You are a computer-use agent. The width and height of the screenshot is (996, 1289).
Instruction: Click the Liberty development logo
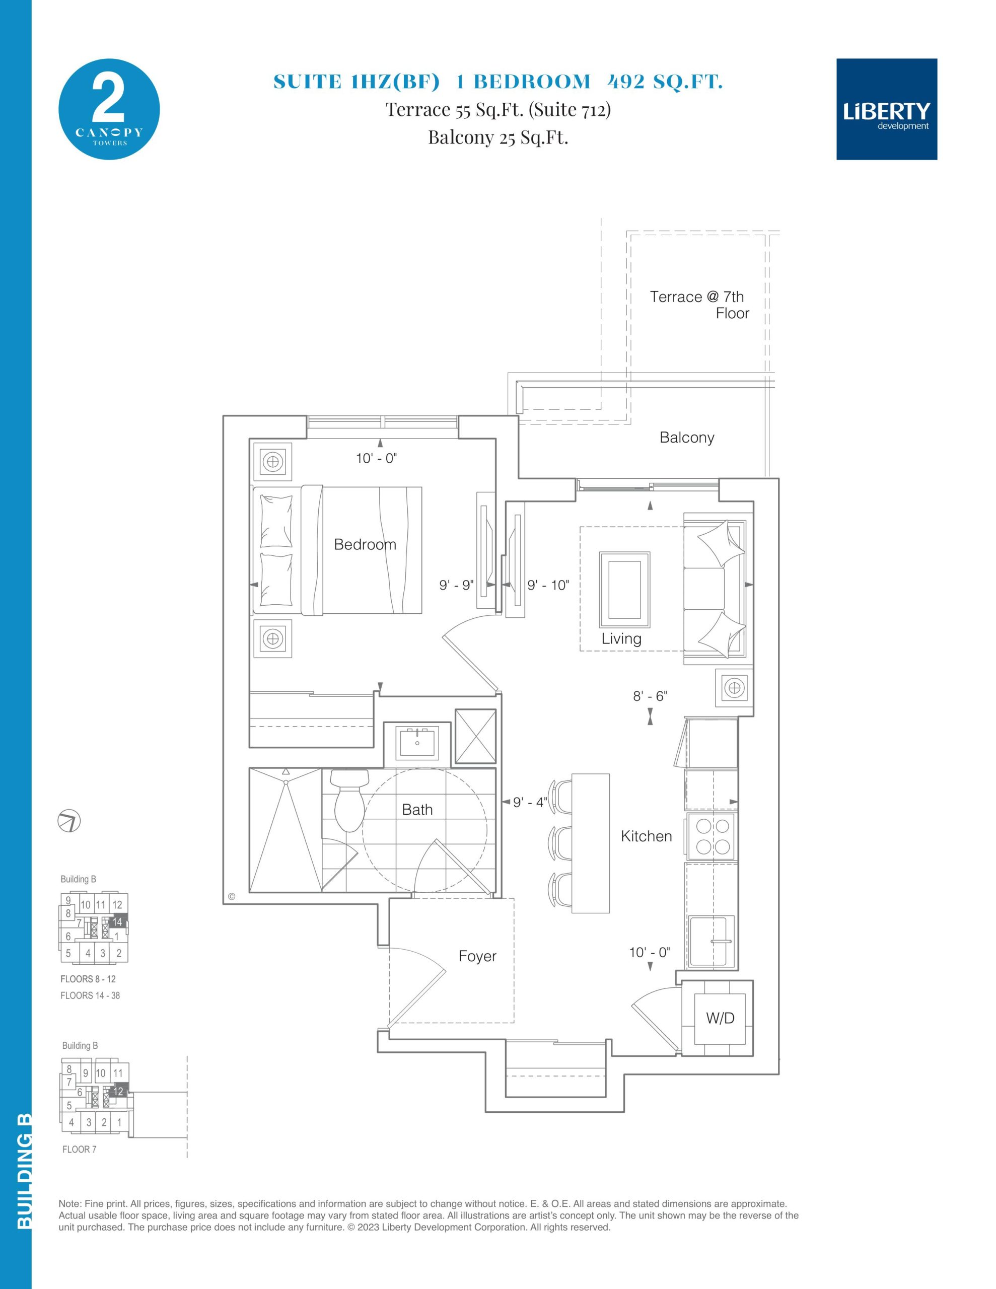tap(886, 109)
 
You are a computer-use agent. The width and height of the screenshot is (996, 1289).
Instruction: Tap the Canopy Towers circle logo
tap(109, 109)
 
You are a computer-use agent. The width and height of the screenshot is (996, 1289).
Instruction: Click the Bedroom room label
tap(365, 544)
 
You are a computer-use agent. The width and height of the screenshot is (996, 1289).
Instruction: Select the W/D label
tap(720, 1018)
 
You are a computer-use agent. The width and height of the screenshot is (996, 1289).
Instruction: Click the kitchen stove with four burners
tap(712, 836)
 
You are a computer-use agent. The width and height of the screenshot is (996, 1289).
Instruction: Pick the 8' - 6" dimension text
tap(650, 696)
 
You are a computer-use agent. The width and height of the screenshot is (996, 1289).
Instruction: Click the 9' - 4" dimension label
tap(530, 802)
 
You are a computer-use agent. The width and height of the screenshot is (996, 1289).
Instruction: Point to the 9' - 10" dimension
tap(548, 585)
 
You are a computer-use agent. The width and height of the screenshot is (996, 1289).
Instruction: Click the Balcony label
tap(687, 438)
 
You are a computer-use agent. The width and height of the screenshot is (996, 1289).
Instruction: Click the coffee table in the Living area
tap(625, 590)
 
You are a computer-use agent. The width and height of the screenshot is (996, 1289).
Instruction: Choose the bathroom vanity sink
tap(418, 743)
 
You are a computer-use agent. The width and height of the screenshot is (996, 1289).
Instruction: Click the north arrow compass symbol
tap(69, 821)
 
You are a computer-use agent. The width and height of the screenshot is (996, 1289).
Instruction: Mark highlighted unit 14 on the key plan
tap(117, 922)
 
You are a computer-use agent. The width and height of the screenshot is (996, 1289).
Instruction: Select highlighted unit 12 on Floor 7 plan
tap(119, 1091)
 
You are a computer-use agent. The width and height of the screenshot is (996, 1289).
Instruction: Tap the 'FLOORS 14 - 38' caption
tap(90, 995)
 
